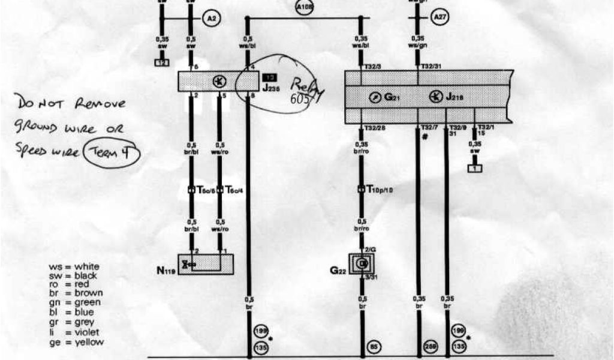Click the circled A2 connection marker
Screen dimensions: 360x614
coord(210,19)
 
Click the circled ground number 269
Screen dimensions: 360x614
coord(431,346)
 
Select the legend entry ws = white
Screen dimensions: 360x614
coord(74,266)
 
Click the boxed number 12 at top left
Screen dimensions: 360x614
coord(161,62)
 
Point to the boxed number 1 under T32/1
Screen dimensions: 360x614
coord(475,169)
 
